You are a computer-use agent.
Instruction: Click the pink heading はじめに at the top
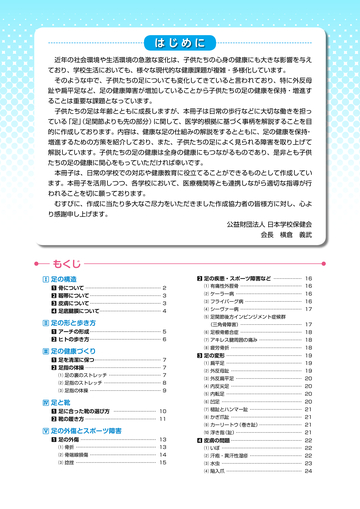tap(180, 43)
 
